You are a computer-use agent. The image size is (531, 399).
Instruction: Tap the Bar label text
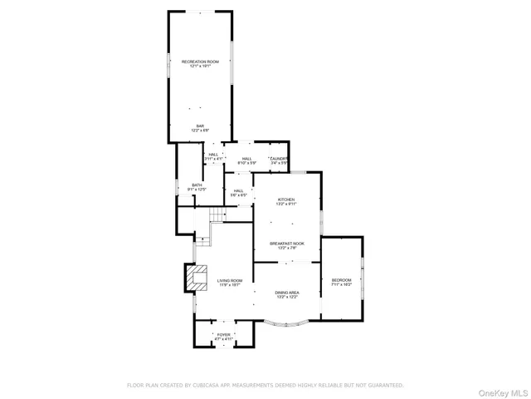199,126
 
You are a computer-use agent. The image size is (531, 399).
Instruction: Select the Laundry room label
278,158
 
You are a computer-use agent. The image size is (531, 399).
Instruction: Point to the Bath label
197,185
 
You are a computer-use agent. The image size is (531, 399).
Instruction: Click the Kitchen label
286,199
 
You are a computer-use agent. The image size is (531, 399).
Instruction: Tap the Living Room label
230,281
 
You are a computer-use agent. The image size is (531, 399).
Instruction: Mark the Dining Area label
287,293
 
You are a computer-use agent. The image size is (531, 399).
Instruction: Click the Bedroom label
342,280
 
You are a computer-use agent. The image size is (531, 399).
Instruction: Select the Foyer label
224,334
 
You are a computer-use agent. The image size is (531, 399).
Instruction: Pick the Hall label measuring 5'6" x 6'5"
238,191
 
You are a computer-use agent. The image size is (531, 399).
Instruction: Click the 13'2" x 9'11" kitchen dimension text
286,204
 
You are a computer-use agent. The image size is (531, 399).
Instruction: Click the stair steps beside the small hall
217,216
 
